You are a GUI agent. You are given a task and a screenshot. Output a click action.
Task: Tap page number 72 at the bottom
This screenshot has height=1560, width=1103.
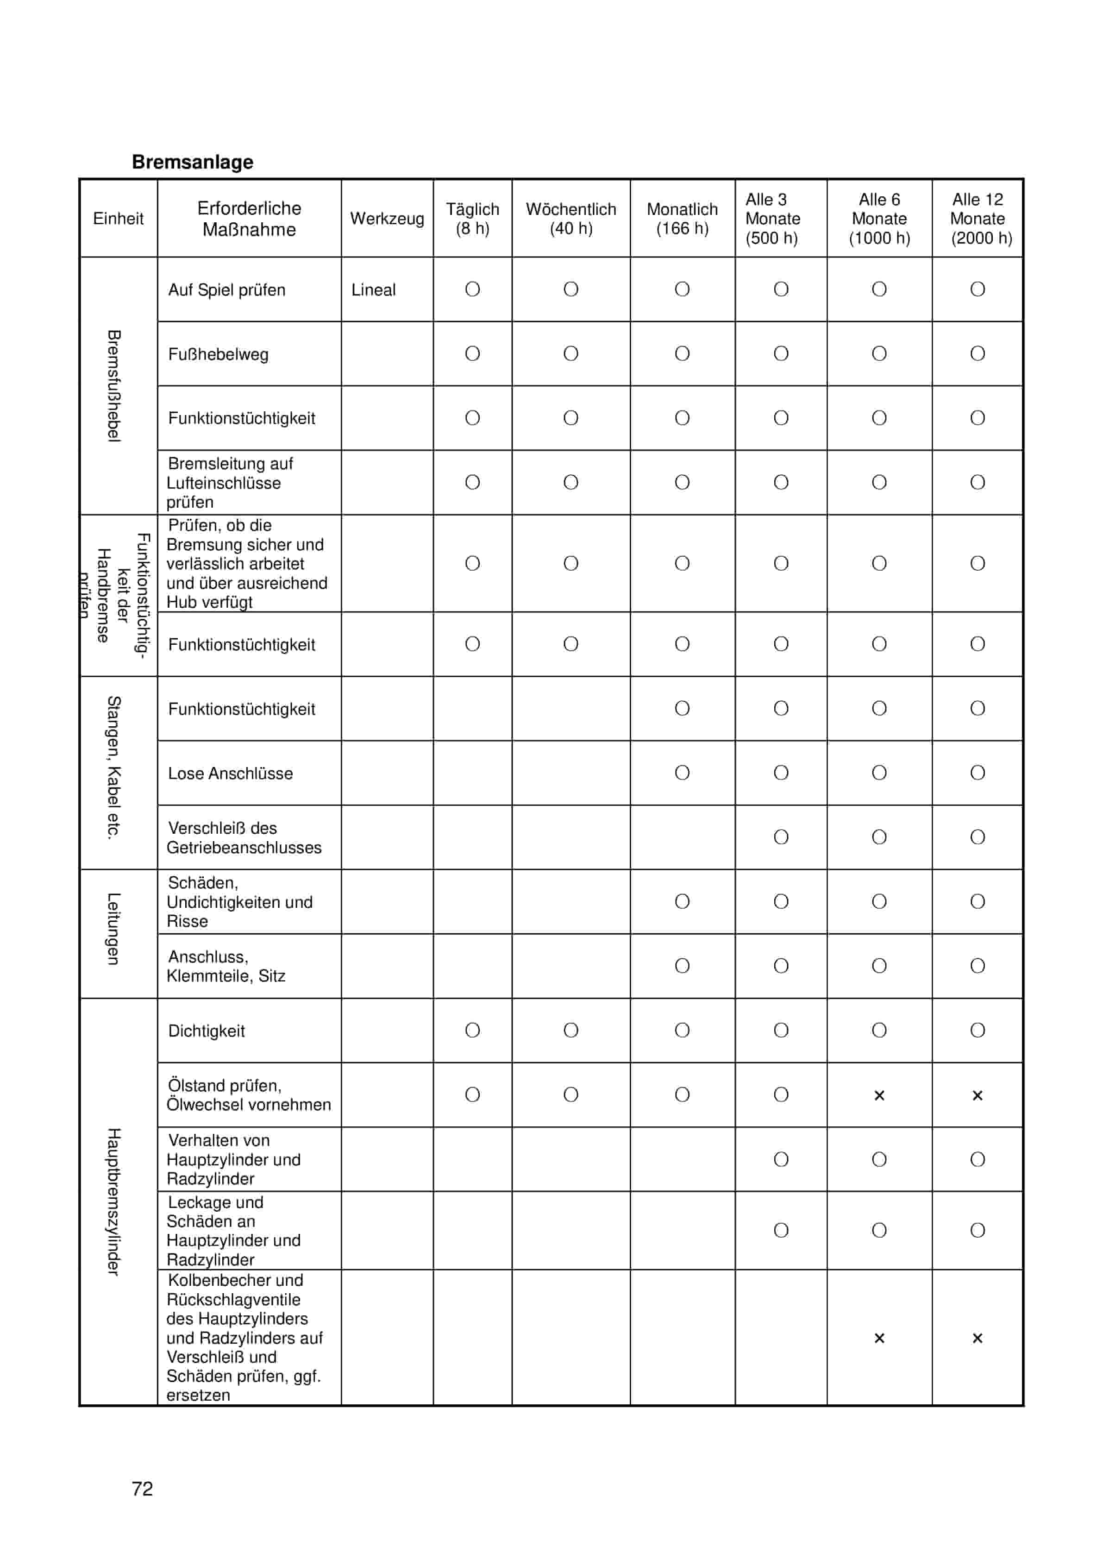142,1489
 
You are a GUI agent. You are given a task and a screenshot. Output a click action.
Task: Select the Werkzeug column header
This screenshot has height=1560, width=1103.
387,218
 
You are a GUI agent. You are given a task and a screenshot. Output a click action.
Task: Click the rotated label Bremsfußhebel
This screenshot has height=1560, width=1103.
114,385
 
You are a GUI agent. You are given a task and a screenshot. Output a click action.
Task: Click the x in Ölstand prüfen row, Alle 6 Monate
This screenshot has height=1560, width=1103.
879,1095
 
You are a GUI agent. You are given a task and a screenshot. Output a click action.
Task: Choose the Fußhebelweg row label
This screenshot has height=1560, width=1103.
218,354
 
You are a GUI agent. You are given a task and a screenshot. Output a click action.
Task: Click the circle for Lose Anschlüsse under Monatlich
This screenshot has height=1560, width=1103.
682,773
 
